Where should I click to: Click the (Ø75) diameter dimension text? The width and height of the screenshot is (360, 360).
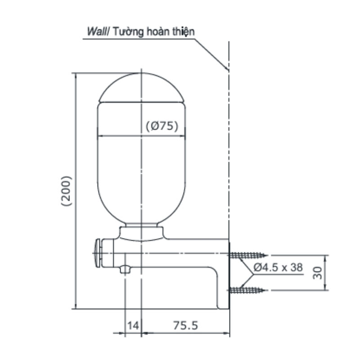pos(162,126)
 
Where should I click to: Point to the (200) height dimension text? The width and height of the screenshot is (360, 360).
pos(67,191)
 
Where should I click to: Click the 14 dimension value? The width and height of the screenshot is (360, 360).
pos(133,325)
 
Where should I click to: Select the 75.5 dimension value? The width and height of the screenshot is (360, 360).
pos(185,325)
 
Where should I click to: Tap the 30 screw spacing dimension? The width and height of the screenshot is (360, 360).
pos(318,273)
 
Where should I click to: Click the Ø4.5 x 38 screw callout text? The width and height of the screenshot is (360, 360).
pos(278,267)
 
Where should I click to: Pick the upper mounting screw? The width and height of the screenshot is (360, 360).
pos(247,255)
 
